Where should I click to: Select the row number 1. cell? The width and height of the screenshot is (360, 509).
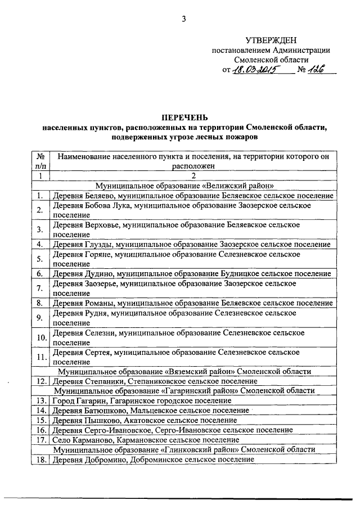pos(40,195)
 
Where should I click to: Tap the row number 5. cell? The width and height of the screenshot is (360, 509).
pos(40,259)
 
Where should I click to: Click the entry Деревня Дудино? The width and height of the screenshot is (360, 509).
pos(191,273)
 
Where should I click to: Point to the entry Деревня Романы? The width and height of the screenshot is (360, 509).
pos(191,303)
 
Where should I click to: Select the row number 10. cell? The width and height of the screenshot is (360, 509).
pos(40,337)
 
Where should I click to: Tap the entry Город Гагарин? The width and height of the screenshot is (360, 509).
pos(141,400)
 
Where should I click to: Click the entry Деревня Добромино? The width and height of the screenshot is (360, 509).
pos(152,459)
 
